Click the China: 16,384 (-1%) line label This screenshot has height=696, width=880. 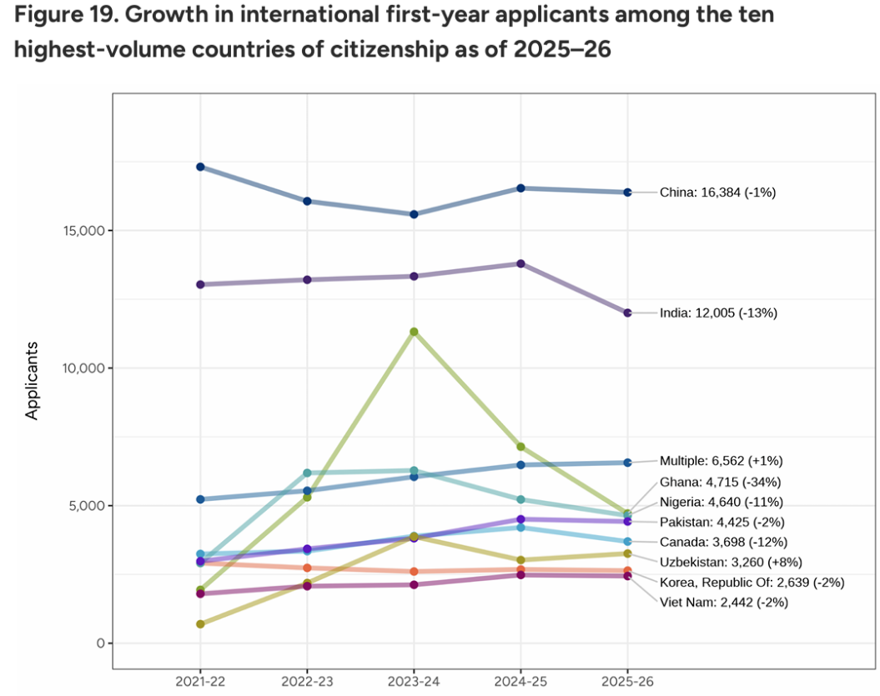tap(717, 193)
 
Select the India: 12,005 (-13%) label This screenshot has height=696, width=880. tap(718, 313)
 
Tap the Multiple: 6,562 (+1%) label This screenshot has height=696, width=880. tap(721, 460)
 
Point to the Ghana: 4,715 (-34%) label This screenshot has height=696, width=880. tap(720, 482)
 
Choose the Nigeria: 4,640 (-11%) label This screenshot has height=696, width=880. tap(722, 502)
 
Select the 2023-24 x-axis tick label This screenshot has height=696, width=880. tap(415, 680)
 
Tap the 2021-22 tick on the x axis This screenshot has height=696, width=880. tap(200, 680)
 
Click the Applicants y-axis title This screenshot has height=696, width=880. tap(33, 379)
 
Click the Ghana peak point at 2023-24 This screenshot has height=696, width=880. tap(415, 332)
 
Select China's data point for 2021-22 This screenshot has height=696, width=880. tap(200, 167)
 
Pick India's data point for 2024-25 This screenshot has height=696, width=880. tap(521, 263)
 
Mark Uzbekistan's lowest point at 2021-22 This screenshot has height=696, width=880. tap(200, 623)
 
